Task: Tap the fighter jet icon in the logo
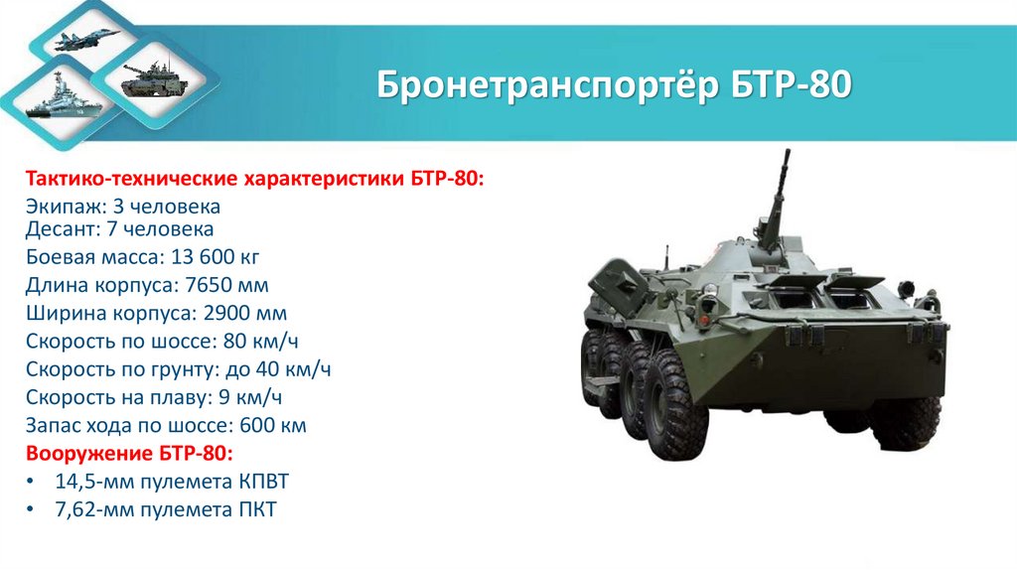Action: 87,40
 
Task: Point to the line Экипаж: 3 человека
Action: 123,208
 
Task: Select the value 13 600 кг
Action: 215,258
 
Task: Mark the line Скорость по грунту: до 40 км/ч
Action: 178,370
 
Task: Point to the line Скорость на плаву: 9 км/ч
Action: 154,398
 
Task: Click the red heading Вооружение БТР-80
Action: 129,454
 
